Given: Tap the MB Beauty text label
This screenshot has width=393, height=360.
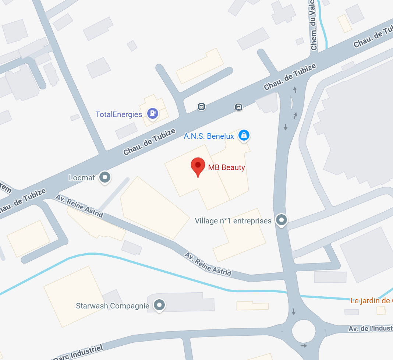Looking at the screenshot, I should [226, 167].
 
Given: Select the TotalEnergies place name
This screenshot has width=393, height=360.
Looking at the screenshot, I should [118, 114].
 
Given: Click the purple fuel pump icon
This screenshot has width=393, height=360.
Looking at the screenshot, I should [152, 113].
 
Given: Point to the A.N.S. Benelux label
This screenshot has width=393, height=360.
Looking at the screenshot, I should [209, 136].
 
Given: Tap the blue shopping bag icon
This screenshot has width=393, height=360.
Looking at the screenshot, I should [243, 135].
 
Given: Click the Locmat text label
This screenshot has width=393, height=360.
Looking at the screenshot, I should [82, 178].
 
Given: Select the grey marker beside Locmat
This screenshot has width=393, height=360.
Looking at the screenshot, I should [105, 177].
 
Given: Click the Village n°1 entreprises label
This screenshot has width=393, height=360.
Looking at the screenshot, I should [233, 221].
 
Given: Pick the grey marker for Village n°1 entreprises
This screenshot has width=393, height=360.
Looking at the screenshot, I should [282, 220].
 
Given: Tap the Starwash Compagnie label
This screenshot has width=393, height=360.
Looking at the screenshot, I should [113, 306].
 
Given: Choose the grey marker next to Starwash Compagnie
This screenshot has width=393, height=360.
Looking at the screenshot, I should [159, 305].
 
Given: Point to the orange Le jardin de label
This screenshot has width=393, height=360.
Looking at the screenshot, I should [370, 301].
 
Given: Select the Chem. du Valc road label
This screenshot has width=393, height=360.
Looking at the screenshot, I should [314, 25].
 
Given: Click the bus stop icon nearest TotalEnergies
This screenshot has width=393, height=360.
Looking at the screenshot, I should [201, 107].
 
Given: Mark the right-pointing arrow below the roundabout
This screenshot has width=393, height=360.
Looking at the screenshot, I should [304, 346].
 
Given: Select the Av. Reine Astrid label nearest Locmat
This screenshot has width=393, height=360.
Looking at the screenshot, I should [79, 206].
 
